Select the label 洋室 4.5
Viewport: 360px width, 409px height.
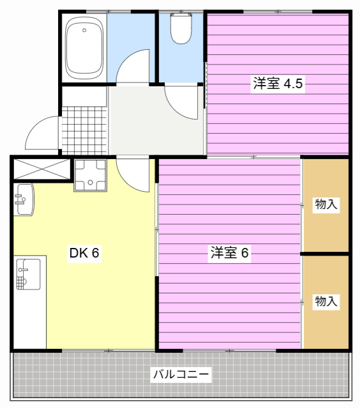click(x=278, y=84)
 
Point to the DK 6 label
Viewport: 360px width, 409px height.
click(x=84, y=253)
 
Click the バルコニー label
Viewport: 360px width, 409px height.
click(x=180, y=374)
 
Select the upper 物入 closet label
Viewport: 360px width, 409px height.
click(x=326, y=204)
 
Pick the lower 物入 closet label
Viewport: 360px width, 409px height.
click(x=326, y=302)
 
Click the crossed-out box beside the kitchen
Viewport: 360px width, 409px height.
click(x=41, y=169)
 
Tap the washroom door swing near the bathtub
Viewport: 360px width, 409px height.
click(x=133, y=67)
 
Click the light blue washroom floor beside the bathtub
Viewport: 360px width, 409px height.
click(x=131, y=35)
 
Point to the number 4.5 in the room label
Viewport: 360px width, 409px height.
click(x=293, y=84)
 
